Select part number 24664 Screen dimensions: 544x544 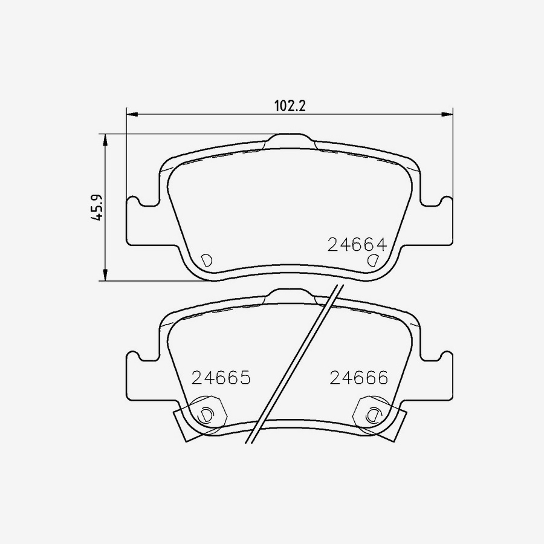(357, 245)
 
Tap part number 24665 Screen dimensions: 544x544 (221, 378)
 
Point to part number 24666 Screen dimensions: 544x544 (358, 378)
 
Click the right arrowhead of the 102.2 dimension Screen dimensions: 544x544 (447, 113)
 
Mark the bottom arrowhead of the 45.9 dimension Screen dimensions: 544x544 (106, 275)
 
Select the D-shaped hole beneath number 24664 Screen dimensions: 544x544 (373, 261)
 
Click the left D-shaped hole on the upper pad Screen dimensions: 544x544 (206, 261)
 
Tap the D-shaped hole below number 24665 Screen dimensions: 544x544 (206, 415)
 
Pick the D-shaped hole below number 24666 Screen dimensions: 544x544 (373, 415)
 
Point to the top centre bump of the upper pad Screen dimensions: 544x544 (291, 140)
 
